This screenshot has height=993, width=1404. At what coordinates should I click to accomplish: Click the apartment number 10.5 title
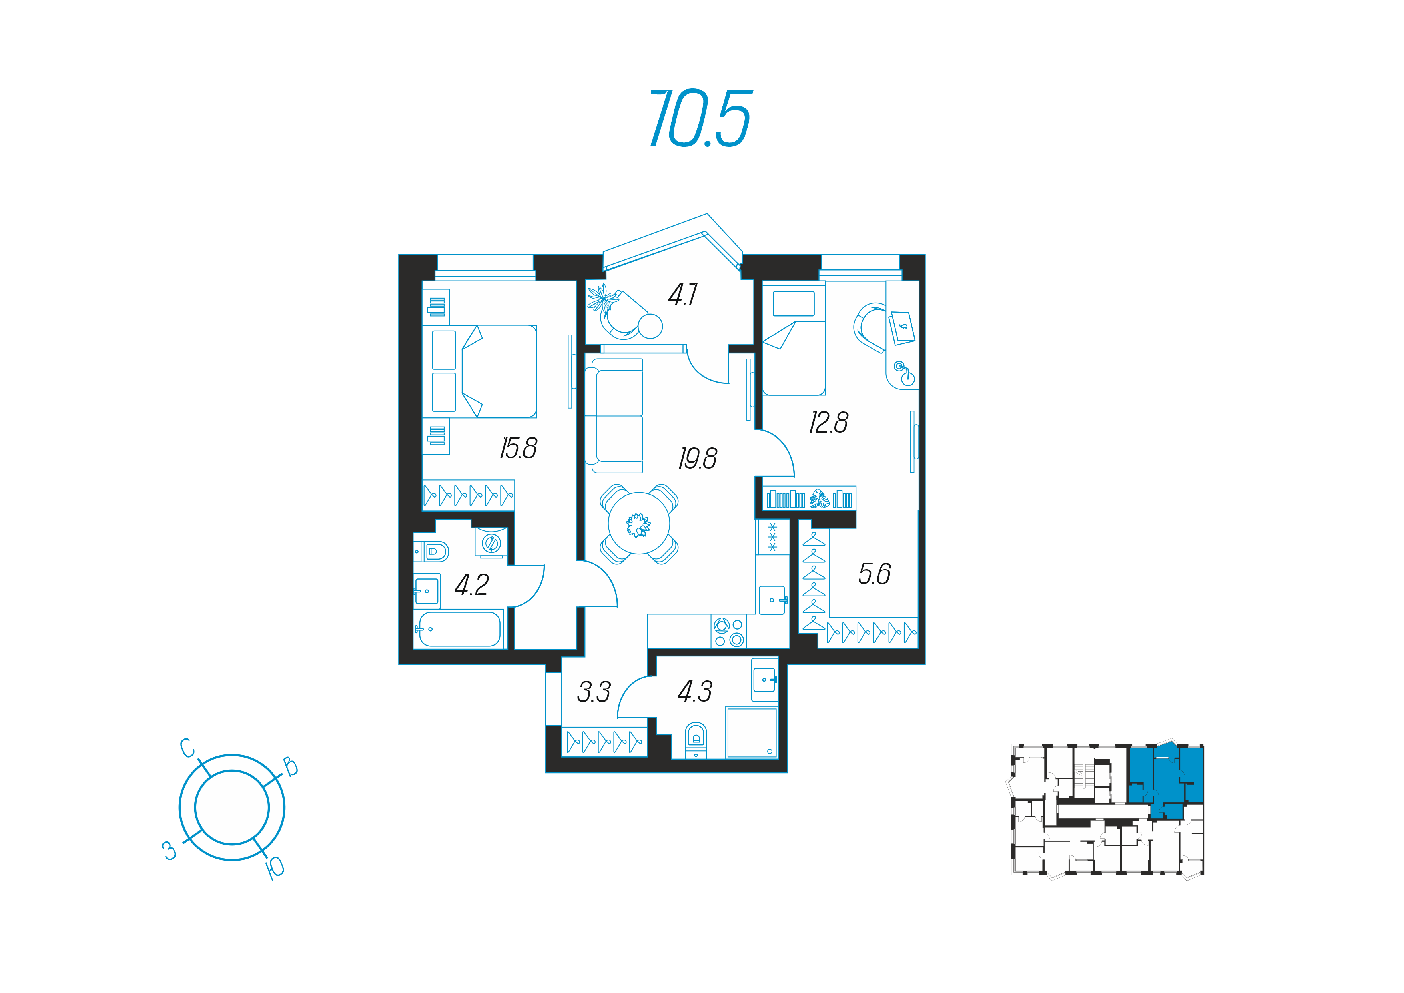tap(701, 118)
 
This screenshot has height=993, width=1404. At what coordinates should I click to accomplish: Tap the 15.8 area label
tap(519, 448)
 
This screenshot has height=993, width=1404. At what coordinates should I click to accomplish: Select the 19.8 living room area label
tap(698, 459)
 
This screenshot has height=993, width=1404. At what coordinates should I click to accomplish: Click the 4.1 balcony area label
tap(682, 295)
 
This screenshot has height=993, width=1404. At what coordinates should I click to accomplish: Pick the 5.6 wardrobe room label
tap(874, 574)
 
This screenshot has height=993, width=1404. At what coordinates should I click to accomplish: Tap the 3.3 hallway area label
tap(594, 692)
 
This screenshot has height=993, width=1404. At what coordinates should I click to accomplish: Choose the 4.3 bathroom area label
tap(695, 692)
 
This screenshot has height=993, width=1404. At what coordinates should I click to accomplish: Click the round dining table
tap(639, 524)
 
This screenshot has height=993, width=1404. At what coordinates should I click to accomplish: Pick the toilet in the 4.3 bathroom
tap(696, 740)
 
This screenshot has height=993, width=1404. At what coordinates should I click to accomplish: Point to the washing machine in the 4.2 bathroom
tap(491, 542)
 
